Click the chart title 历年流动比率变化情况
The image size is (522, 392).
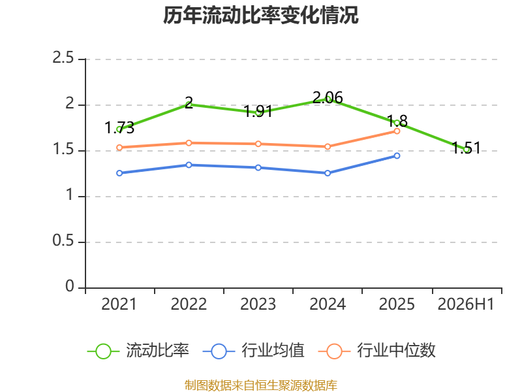pyautogui.click(x=260, y=15)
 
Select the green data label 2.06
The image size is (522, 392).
pyautogui.click(x=328, y=97)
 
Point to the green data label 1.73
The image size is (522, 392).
pyautogui.click(x=119, y=127)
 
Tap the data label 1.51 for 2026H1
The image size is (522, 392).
pyautogui.click(x=466, y=148)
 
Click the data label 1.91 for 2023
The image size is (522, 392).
pyautogui.click(x=258, y=111)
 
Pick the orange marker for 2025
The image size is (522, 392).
pyautogui.click(x=397, y=131)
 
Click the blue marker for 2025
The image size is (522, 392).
pyautogui.click(x=397, y=155)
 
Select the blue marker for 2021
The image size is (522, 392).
pyautogui.click(x=119, y=173)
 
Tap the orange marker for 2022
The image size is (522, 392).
pyautogui.click(x=189, y=143)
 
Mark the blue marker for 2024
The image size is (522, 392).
pyautogui.click(x=328, y=173)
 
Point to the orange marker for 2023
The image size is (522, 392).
pyautogui.click(x=258, y=144)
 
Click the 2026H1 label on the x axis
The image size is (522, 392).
pyautogui.click(x=466, y=304)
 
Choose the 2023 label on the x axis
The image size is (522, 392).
pyautogui.click(x=258, y=304)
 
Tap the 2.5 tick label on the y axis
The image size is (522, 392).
pyautogui.click(x=63, y=57)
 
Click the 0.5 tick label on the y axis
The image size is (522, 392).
pyautogui.click(x=63, y=240)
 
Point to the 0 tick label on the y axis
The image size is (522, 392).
pyautogui.click(x=70, y=286)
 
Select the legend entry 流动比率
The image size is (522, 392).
pyautogui.click(x=138, y=351)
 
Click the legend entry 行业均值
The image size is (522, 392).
pyautogui.click(x=254, y=351)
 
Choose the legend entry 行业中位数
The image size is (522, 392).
pyautogui.click(x=377, y=351)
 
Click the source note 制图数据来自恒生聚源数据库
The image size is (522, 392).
pyautogui.click(x=261, y=385)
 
